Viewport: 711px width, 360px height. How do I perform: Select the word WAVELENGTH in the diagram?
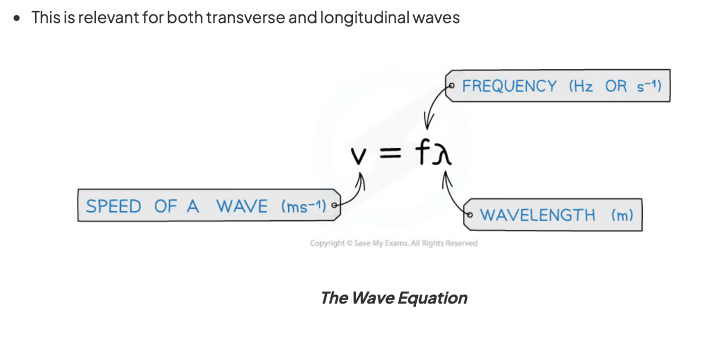pos(537,215)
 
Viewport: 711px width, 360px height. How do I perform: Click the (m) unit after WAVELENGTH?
pos(623,215)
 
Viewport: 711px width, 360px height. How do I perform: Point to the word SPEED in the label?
pos(113,206)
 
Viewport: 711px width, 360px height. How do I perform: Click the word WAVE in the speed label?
pos(242,206)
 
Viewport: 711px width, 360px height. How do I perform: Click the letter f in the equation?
pos(423,153)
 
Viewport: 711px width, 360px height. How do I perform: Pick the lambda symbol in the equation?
pos(443,154)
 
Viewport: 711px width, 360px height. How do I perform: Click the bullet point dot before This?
pos(18,18)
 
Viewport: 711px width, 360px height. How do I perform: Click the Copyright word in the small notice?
pos(327,243)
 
